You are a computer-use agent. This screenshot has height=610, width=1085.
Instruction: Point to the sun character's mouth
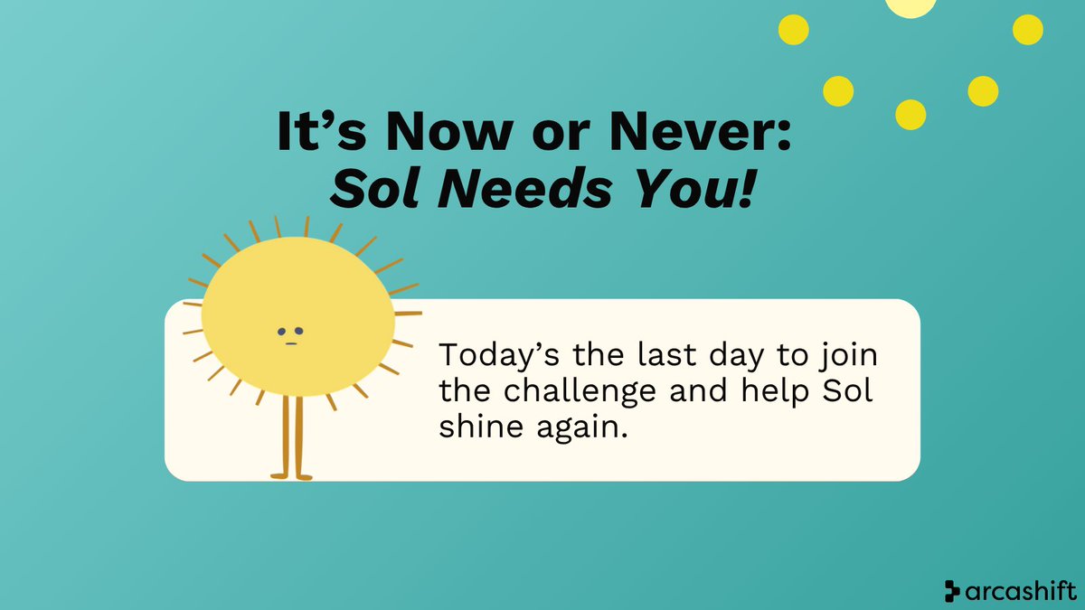tap(290, 342)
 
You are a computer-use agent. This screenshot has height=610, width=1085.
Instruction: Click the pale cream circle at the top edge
tap(910, 5)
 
